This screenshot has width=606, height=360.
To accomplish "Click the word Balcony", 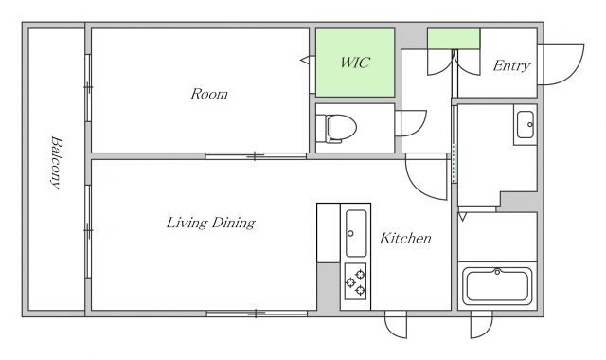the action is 57,162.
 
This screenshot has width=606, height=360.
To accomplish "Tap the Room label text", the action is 209,94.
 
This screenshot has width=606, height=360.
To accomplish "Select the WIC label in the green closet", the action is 355,63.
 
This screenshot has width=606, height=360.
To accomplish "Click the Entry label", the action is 511,65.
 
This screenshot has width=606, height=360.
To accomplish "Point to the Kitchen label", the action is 405,238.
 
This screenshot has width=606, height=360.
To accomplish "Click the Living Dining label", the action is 211,224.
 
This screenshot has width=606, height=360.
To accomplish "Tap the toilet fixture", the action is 336,128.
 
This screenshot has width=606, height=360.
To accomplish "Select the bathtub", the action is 497,286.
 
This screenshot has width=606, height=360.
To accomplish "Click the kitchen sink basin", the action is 356,233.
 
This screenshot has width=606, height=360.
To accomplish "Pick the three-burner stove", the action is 356,281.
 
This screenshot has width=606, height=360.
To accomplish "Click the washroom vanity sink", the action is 526,124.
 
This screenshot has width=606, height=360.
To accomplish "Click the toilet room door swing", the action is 415,128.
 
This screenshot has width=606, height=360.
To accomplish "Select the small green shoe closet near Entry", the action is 454,39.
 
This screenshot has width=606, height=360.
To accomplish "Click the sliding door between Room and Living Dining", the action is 256,156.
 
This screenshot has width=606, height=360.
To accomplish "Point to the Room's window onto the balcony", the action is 88,88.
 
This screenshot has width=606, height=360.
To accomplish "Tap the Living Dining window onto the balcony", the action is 88,231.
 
